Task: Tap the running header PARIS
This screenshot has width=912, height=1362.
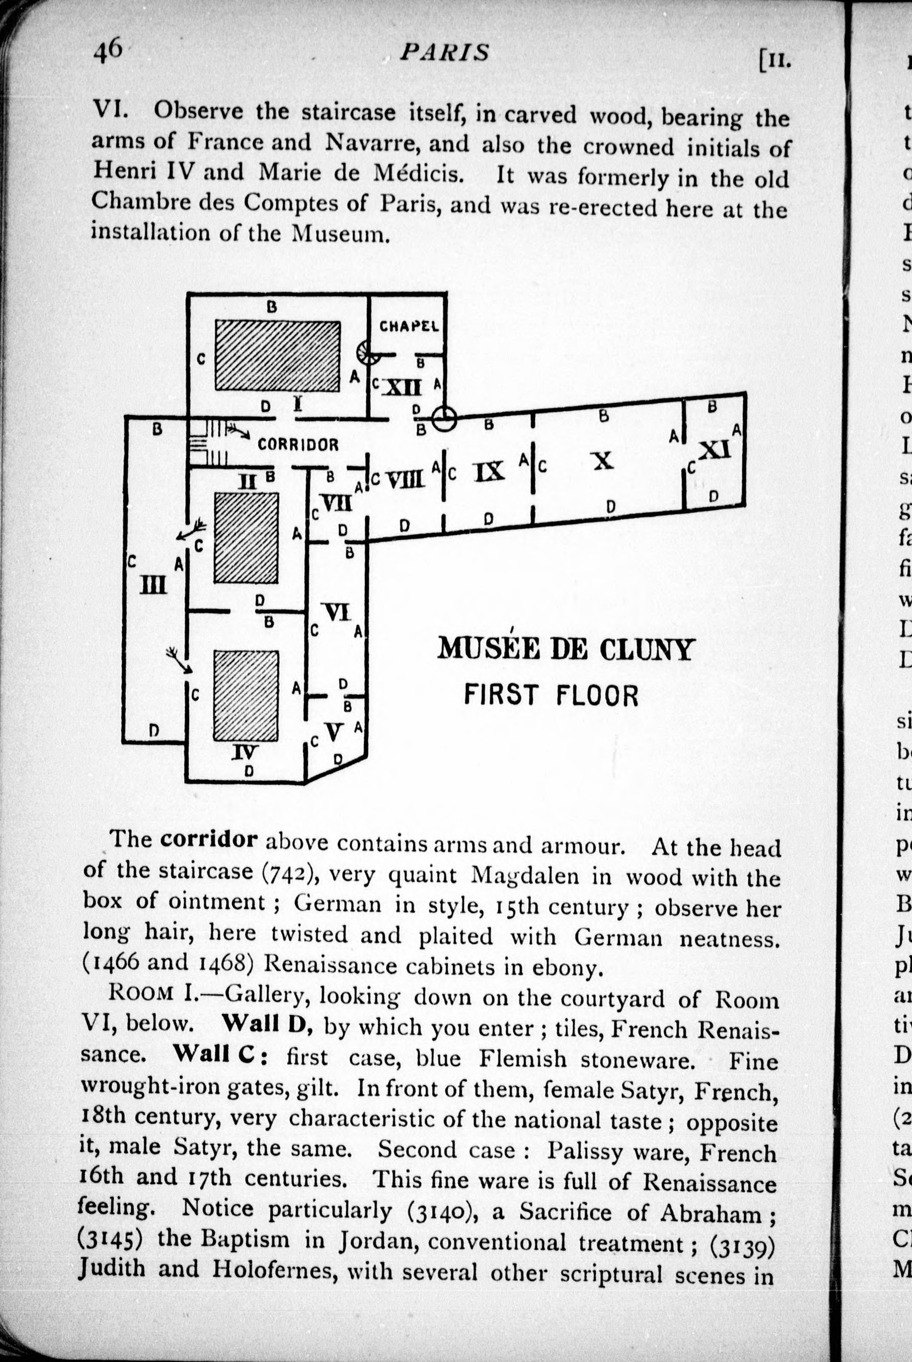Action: click(444, 53)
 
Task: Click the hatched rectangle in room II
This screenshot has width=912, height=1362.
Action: click(246, 538)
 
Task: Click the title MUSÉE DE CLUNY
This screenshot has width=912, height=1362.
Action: click(565, 648)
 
